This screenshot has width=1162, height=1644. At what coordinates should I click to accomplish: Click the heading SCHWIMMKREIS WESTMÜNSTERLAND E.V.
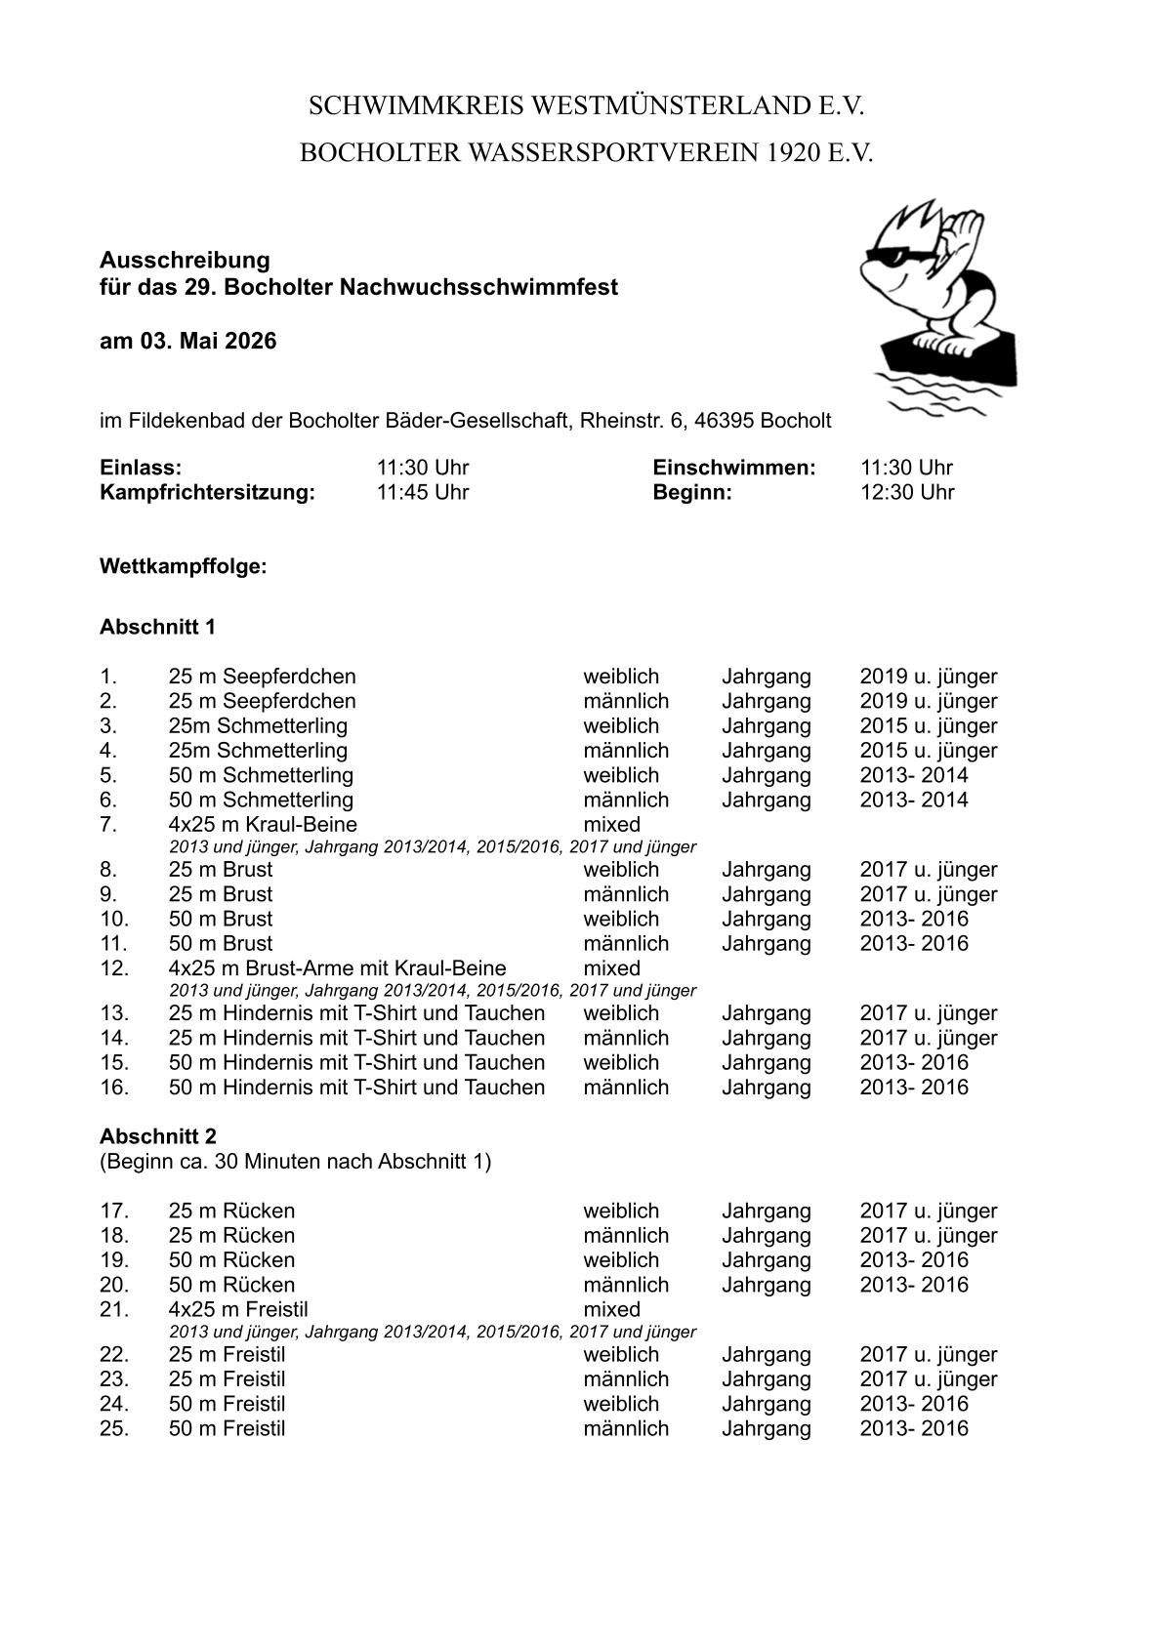[x=587, y=106]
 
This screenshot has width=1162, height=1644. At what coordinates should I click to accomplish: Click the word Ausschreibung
[x=185, y=260]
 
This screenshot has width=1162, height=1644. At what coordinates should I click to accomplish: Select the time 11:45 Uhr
[x=423, y=492]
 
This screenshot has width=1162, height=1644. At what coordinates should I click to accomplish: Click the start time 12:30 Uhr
[x=906, y=492]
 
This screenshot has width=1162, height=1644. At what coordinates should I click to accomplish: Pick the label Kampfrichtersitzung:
[x=207, y=492]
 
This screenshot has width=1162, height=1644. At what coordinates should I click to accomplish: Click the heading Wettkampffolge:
[x=183, y=566]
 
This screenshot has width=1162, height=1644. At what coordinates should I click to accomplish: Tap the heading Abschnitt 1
[x=157, y=626]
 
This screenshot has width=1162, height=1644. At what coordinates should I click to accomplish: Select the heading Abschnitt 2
[x=158, y=1136]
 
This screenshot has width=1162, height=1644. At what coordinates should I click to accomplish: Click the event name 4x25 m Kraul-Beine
[x=263, y=824]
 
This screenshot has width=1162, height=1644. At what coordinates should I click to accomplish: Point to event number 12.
[x=114, y=968]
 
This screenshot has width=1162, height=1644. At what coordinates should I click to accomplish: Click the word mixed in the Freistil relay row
[x=611, y=1309]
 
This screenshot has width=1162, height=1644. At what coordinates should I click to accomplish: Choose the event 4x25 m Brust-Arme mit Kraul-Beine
[x=337, y=968]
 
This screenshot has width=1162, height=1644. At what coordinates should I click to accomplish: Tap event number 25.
[x=114, y=1428]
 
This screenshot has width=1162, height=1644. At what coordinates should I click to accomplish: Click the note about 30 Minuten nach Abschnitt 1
[x=295, y=1161]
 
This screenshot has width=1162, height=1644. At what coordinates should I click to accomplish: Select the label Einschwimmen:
[x=733, y=468]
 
